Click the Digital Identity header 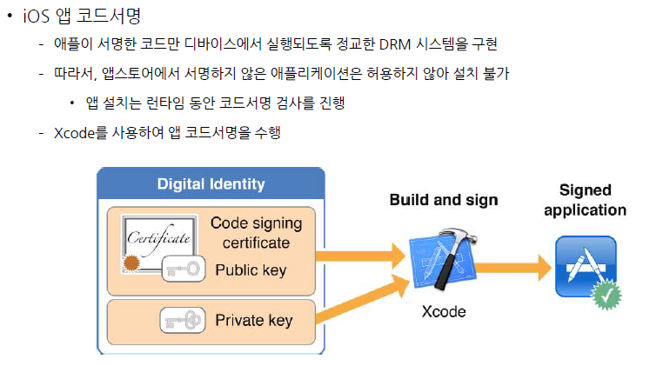coord(211,184)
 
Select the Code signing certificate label coord(256,232)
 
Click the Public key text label coord(250,270)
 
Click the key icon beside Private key coord(184,321)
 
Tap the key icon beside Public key coord(184,270)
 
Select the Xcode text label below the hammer coord(443,312)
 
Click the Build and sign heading coord(443,200)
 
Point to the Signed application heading coord(585,200)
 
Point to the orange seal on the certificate coord(131,263)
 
